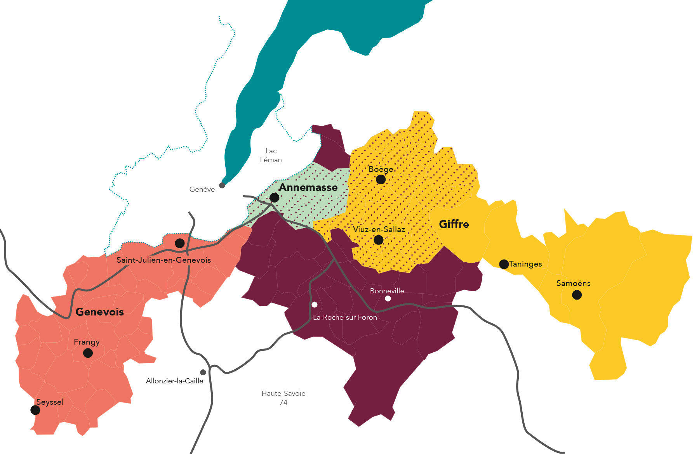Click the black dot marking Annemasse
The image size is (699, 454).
[274, 198]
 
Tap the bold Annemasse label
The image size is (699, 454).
[308, 188]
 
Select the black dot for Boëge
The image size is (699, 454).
[381, 179]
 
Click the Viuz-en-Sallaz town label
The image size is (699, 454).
[379, 229]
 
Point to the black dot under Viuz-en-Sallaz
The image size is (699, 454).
[378, 240]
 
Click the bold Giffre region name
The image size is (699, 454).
[454, 224]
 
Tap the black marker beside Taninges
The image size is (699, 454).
[504, 264]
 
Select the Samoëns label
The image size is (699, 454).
[573, 283]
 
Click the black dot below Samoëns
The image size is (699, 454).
[577, 295]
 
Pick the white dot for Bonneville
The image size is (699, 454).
[388, 298]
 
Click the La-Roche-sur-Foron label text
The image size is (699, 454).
[345, 317]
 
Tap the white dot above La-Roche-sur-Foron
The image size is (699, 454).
[315, 305]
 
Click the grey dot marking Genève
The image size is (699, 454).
[222, 185]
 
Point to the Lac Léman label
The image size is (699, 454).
[271, 155]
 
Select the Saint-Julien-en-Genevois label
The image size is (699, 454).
[163, 260]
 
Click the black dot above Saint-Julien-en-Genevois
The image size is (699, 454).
[179, 243]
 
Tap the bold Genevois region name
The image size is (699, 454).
[99, 312]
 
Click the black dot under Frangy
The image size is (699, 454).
[88, 353]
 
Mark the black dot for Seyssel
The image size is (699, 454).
[35, 410]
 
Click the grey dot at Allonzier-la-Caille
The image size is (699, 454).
[203, 373]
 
